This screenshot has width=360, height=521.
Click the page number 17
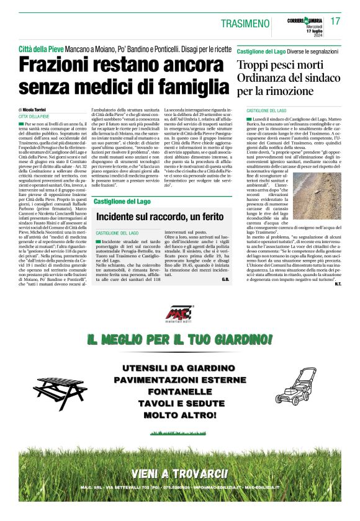pyautogui.click(x=336, y=22)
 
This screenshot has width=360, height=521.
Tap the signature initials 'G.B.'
pyautogui.click(x=225, y=281)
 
